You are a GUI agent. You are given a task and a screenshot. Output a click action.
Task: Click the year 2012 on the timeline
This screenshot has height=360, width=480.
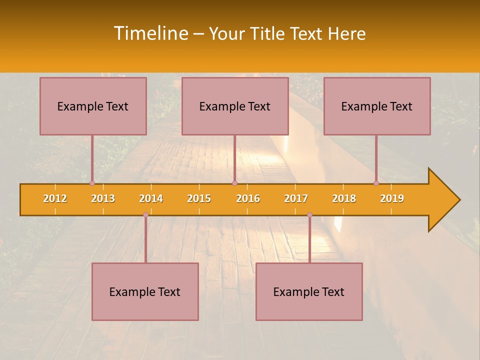point(55,198)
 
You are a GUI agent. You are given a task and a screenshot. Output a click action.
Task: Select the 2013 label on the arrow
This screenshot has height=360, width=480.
point(103,198)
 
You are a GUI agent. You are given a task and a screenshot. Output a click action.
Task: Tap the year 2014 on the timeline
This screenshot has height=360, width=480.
point(151,198)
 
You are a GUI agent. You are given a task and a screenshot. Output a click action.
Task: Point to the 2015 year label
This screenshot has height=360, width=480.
point(199,198)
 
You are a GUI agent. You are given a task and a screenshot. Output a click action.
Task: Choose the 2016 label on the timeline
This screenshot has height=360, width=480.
point(248,198)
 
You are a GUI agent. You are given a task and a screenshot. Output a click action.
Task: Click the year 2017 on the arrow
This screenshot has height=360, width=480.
point(296,198)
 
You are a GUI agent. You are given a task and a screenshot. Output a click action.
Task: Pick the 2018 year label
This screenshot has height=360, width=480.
point(344,198)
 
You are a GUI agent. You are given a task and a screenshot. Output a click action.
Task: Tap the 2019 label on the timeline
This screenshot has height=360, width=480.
point(392,198)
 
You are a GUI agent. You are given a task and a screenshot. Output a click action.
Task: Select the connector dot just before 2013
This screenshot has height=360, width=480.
point(92,183)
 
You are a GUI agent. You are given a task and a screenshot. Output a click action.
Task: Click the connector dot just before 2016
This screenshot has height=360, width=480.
point(234,183)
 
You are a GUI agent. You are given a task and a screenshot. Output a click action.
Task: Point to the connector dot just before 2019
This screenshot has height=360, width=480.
point(376,183)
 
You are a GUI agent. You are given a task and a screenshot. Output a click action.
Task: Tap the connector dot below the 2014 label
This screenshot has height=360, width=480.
point(145,214)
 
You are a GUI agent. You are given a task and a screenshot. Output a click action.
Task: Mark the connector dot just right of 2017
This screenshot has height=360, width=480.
point(309,214)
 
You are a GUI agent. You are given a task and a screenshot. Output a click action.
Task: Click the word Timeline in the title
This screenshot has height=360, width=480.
point(150,33)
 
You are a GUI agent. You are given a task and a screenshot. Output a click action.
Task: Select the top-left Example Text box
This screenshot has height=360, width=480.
point(93,106)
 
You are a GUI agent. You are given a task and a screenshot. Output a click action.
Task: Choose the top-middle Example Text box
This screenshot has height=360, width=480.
point(235,106)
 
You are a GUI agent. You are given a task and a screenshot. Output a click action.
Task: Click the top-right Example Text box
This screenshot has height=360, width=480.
point(377,106)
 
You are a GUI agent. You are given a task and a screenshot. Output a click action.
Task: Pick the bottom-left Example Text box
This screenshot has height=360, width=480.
point(145,291)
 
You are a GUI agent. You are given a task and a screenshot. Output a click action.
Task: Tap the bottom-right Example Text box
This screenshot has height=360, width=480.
point(309,291)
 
